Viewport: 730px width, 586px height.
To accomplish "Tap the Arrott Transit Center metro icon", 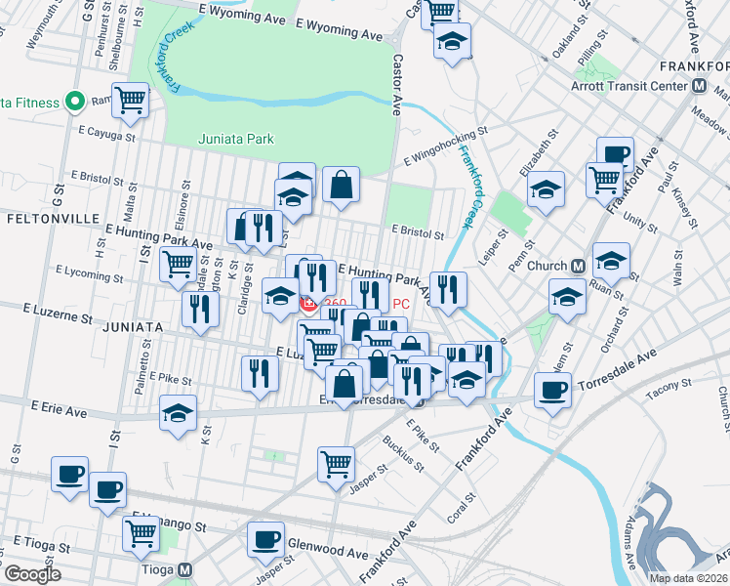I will coord(699,85).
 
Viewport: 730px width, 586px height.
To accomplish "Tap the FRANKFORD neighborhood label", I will coord(694,64).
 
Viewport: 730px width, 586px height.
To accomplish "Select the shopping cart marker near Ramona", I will coord(130,99).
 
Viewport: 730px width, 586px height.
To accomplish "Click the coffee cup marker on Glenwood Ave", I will coord(264,539).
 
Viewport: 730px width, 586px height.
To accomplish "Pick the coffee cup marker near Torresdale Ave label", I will coord(552,391).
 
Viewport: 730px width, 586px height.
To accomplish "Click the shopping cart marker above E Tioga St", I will coord(142,533).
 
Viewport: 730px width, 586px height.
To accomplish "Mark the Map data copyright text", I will coord(687,578).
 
